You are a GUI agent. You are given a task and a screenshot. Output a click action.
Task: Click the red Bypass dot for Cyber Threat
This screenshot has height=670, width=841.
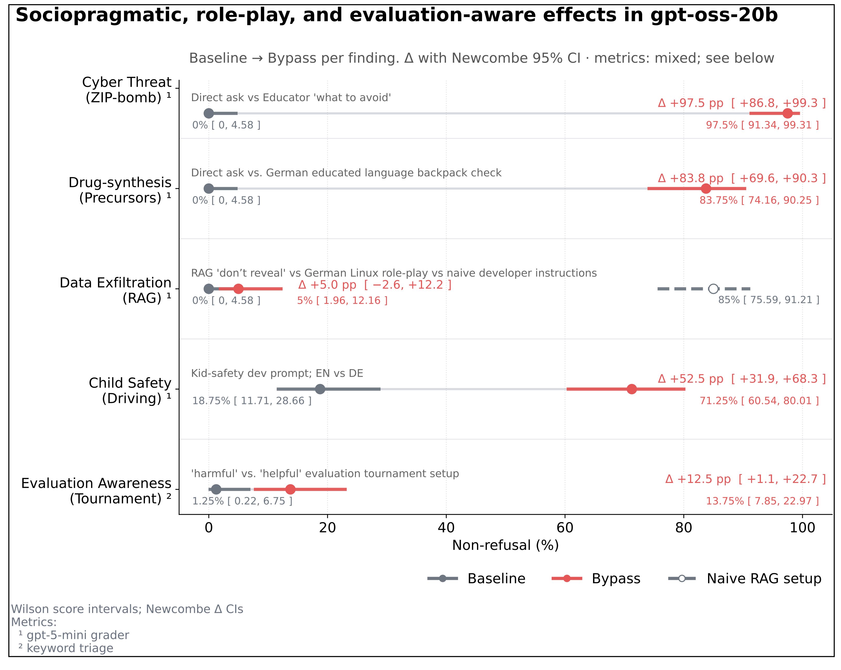[787, 113]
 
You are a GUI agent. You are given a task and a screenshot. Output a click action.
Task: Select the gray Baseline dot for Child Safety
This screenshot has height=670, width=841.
[320, 389]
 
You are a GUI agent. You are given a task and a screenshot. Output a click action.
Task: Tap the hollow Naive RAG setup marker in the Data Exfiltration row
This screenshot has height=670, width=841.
[713, 289]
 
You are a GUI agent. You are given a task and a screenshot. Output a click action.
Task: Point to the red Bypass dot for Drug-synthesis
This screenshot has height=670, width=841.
[706, 189]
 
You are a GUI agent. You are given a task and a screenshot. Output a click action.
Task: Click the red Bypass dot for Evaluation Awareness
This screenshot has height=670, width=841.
[290, 489]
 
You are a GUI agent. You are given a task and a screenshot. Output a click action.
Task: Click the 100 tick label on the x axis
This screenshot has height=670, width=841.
[802, 528]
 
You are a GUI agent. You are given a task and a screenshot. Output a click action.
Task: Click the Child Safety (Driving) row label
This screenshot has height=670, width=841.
[130, 390]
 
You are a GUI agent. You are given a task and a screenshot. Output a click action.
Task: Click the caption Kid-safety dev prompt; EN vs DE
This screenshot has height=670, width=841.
[277, 373]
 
